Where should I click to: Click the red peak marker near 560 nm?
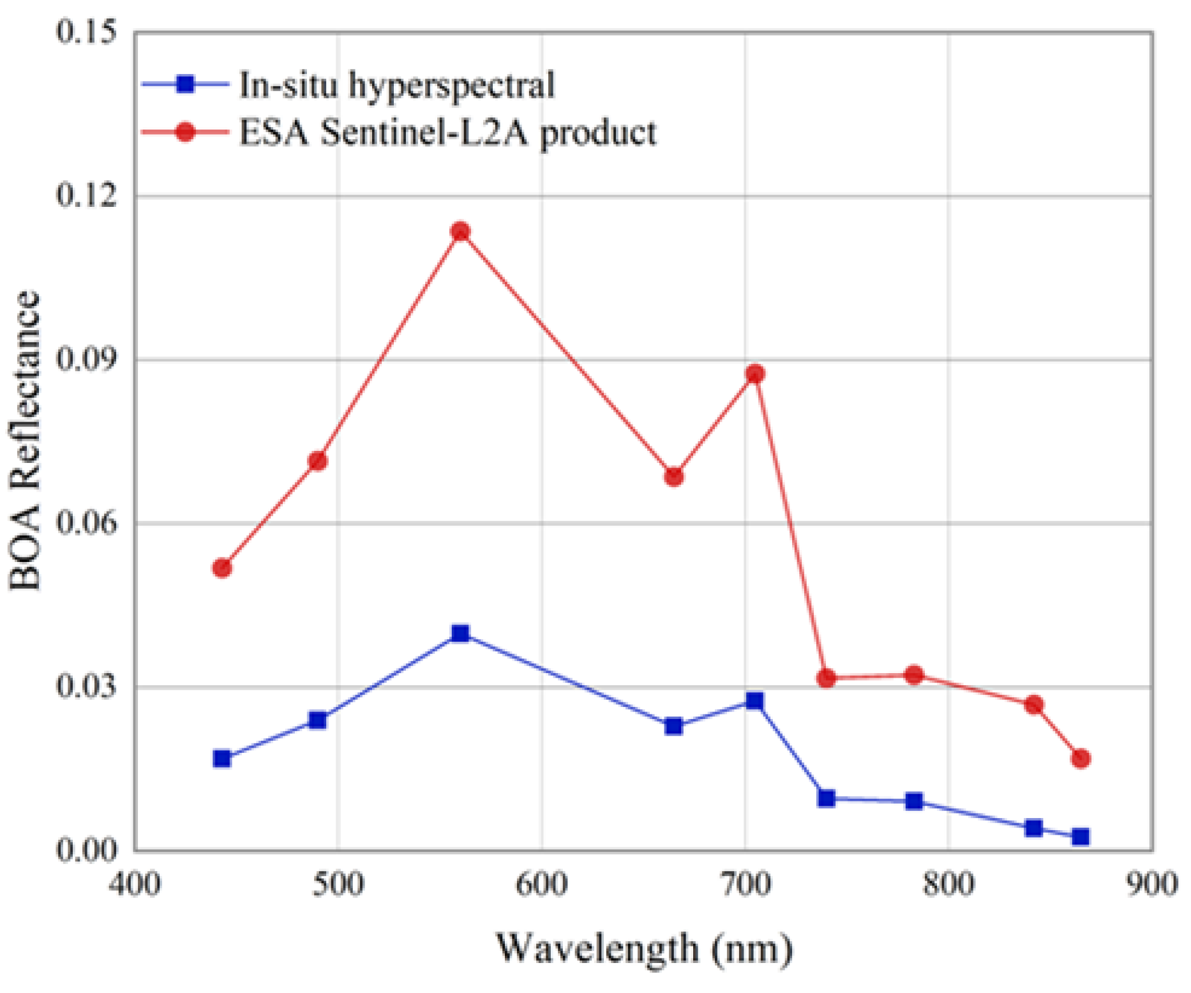pos(460,231)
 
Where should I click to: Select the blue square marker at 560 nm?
pos(460,633)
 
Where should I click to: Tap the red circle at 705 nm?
pos(755,374)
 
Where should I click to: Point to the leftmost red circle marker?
pos(222,568)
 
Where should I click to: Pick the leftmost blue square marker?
pos(222,759)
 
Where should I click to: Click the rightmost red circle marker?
pos(1081,759)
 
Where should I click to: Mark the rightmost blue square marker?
pos(1081,837)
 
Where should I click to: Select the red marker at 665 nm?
pos(673,476)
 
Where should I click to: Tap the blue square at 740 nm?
pos(826,798)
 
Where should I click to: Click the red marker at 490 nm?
pos(318,460)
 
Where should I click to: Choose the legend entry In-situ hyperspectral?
pos(396,84)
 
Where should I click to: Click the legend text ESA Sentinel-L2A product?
pos(447,133)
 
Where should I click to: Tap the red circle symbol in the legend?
pos(185,132)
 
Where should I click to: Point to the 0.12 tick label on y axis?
pos(79,195)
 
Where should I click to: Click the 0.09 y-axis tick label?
pos(79,359)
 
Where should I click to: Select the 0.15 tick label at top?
pos(79,31)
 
